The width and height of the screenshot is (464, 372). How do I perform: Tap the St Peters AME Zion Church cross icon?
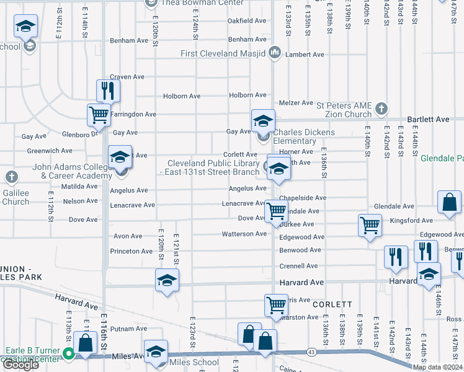381,110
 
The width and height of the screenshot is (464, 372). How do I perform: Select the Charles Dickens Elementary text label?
304,136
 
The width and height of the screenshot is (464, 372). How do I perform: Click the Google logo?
20,365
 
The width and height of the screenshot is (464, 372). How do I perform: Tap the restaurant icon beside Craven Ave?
108,91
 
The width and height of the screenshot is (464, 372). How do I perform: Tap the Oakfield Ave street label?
247,20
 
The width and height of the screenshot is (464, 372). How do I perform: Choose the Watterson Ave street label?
244,234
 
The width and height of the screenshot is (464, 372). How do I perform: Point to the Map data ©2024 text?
437,367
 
